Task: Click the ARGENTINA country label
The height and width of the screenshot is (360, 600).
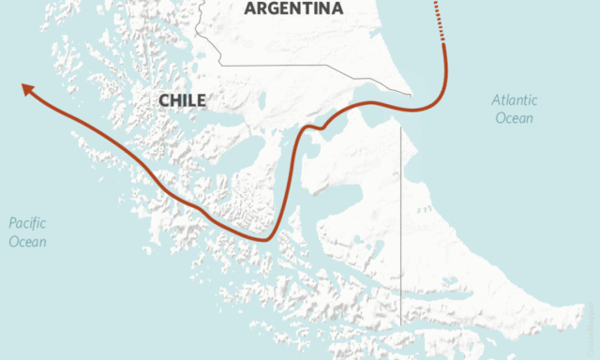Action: [x=293, y=8]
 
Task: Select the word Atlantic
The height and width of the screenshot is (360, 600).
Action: [x=513, y=100]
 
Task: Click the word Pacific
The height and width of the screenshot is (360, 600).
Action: [x=28, y=222]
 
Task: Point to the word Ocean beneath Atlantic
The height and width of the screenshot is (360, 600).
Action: [x=515, y=118]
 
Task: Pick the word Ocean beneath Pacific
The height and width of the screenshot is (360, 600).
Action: [x=27, y=242]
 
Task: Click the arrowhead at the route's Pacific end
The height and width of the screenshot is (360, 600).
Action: [x=27, y=88]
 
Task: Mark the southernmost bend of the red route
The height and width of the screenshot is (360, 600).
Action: [x=266, y=239]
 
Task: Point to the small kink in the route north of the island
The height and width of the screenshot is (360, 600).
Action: [x=322, y=126]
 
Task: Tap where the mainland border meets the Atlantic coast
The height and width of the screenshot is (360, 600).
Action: [x=411, y=93]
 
